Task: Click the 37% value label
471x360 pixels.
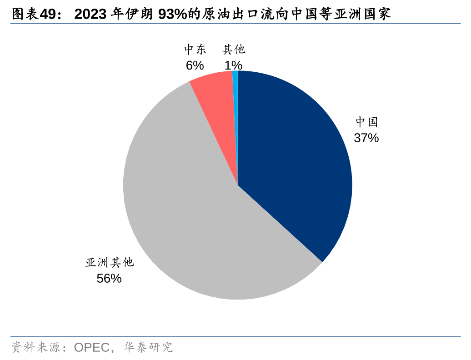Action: point(366,138)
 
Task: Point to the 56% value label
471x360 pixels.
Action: point(109,279)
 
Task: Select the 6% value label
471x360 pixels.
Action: point(195,65)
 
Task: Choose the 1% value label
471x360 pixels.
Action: point(233,65)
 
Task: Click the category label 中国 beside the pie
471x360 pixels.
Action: point(366,122)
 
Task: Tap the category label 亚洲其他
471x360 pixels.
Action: point(109,262)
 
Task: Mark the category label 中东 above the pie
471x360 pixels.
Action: point(195,50)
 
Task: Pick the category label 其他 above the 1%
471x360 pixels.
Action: point(234,50)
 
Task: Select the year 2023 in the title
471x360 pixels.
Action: point(90,15)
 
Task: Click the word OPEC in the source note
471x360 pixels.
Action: point(92,348)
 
